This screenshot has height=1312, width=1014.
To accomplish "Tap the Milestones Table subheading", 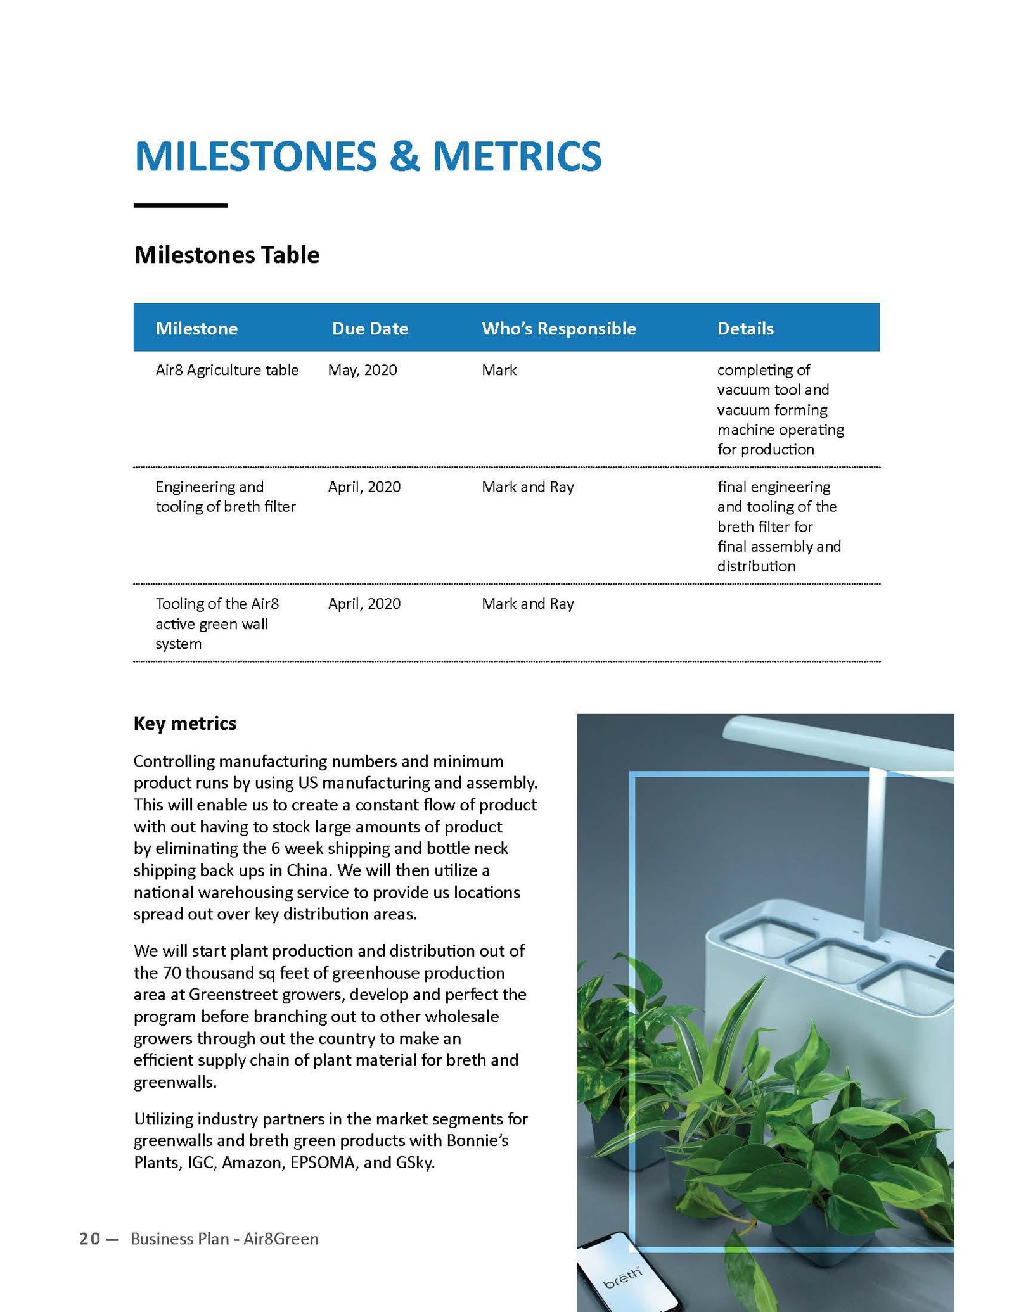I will (x=227, y=255).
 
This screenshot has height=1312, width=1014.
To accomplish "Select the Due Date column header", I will (x=370, y=328).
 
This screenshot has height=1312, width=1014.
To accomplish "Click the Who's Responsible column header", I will (x=558, y=328).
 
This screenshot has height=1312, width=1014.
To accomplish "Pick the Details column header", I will (x=745, y=328).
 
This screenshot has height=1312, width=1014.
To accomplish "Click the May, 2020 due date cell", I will (x=363, y=370).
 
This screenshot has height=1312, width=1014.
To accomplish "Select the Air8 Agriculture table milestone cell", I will (x=227, y=370).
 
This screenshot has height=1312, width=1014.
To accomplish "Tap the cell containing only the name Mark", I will (x=499, y=370).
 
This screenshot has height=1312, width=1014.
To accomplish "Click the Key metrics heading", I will (x=185, y=723).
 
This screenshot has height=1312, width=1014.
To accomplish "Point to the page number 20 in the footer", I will (x=89, y=1239).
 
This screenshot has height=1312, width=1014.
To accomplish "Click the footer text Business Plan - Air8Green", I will (x=224, y=1239).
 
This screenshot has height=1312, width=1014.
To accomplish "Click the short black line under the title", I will (x=181, y=205).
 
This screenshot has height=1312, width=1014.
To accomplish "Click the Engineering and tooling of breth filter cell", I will (x=225, y=497).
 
